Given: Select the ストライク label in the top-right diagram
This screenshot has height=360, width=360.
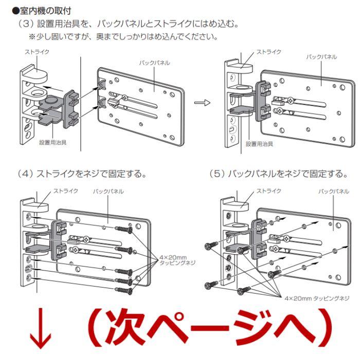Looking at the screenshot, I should pyautogui.click(x=269, y=52).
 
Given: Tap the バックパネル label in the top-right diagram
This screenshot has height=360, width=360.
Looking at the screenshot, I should pyautogui.click(x=321, y=57).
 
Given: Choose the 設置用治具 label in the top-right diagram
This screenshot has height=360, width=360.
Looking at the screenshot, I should pyautogui.click(x=260, y=144).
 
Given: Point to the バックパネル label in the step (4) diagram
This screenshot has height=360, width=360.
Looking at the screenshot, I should pyautogui.click(x=108, y=191).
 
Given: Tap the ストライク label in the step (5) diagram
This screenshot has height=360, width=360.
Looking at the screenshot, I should pyautogui.click(x=269, y=191).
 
